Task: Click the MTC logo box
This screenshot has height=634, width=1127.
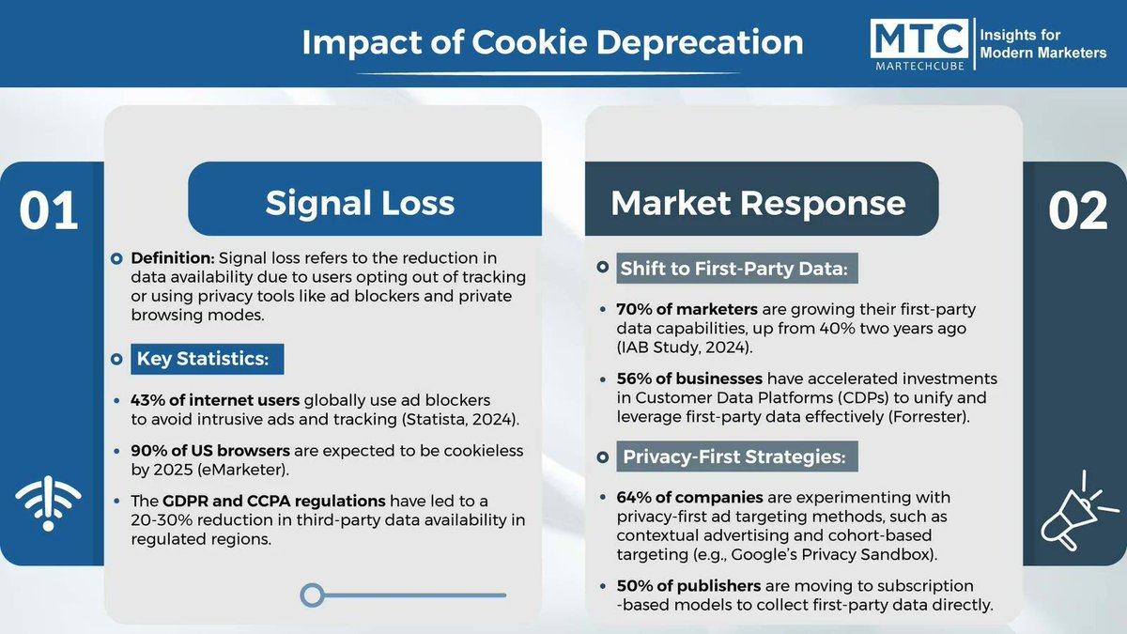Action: tap(919, 43)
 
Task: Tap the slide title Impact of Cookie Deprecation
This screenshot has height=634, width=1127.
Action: tap(551, 43)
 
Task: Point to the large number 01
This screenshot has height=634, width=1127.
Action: tap(49, 211)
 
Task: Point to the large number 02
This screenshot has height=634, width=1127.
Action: tap(1078, 211)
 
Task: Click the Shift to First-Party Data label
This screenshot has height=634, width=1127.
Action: tap(733, 270)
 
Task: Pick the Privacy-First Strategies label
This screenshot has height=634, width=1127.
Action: tap(733, 458)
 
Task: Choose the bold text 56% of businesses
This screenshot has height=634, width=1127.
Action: tap(688, 379)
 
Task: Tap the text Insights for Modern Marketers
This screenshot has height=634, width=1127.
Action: tap(1042, 43)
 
